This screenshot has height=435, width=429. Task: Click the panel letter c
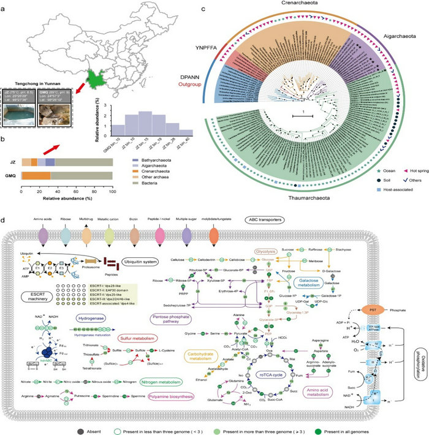coord(219,9)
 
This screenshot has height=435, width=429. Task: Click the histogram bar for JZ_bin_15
coord(143,124)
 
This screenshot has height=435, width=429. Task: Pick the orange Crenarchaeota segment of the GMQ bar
coord(36,175)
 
